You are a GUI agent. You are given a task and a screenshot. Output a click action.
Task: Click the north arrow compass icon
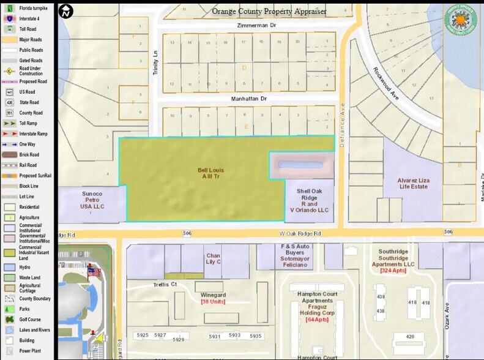point(66,11)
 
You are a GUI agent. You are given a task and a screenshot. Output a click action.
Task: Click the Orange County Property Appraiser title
point(269,11)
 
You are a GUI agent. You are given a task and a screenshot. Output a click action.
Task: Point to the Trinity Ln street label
point(155,64)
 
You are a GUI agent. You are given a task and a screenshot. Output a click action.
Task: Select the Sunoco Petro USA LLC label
point(93,200)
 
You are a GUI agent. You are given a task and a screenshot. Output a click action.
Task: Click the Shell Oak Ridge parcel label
point(309,200)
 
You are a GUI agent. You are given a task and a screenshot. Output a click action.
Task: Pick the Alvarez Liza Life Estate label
point(412,184)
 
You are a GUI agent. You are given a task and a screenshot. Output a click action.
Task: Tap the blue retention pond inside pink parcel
point(300,165)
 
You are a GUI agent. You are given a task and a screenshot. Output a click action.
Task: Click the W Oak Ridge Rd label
point(301,233)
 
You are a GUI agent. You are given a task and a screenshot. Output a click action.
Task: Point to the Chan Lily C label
point(213,259)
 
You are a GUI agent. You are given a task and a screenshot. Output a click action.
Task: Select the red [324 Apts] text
point(396,270)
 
